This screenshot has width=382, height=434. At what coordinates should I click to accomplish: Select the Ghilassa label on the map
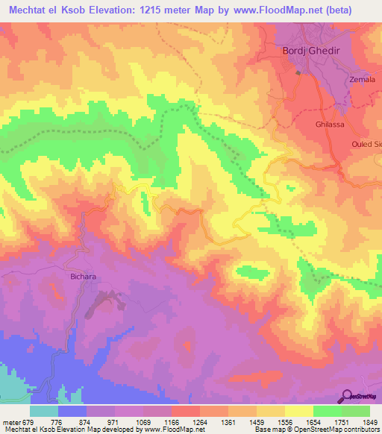click(x=329, y=125)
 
